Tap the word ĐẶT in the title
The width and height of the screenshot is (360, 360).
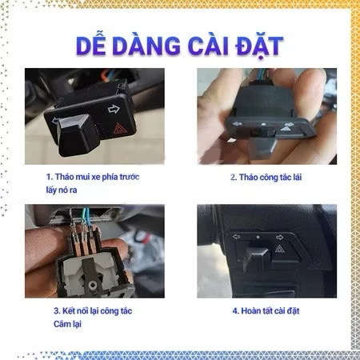259,46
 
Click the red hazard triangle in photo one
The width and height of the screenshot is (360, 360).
118,129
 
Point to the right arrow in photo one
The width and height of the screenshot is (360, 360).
114,109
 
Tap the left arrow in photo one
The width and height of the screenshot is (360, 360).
55,121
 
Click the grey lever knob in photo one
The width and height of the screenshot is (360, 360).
78,134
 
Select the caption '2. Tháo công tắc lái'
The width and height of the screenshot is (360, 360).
266,177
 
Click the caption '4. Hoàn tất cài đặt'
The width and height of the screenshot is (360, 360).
266,310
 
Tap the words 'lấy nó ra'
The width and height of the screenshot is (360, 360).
62,190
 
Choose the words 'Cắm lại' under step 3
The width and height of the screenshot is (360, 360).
67,324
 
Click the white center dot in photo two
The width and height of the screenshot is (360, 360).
263,124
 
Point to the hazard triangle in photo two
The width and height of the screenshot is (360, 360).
285,129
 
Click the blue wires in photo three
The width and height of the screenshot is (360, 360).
86,217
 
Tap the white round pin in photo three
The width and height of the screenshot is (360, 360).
92,286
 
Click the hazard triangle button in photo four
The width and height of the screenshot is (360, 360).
279,249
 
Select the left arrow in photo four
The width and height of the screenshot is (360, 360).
236,237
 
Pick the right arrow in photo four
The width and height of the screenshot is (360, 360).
279,237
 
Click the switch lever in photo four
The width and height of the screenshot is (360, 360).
254,258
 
